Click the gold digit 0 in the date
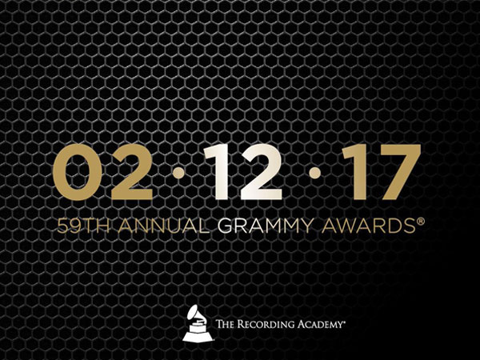78,172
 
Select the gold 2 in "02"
132,172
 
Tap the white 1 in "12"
217,172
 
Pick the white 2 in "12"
260,172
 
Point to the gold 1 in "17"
355,172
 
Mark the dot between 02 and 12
178,173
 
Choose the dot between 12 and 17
314,173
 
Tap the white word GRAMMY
266,226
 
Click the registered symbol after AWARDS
420,221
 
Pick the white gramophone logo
198,323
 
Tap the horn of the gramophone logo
194,312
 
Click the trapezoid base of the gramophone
198,337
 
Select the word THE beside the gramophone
226,324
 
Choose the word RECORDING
266,324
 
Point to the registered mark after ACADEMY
344,322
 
